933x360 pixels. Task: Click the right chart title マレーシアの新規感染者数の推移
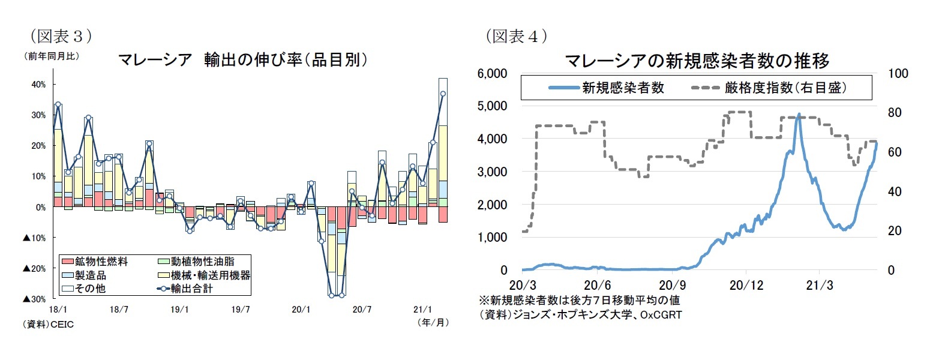(x=697, y=61)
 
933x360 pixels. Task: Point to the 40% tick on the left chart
(x=37, y=85)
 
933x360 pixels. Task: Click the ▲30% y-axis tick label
(x=35, y=299)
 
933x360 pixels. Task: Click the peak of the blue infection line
(x=799, y=114)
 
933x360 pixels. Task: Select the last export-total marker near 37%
(x=443, y=94)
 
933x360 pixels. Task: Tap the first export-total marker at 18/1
(x=58, y=104)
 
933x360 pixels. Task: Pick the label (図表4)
(x=517, y=37)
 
